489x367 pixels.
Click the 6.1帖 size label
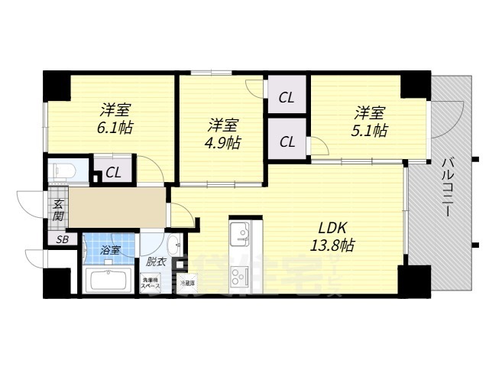pyautogui.click(x=115, y=128)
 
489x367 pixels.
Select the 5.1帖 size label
pyautogui.click(x=370, y=130)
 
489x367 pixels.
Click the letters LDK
pyautogui.click(x=332, y=227)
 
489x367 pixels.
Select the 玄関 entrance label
pyautogui.click(x=58, y=209)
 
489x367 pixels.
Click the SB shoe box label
pyautogui.click(x=61, y=239)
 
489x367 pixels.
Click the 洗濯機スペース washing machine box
pyautogui.click(x=150, y=283)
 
